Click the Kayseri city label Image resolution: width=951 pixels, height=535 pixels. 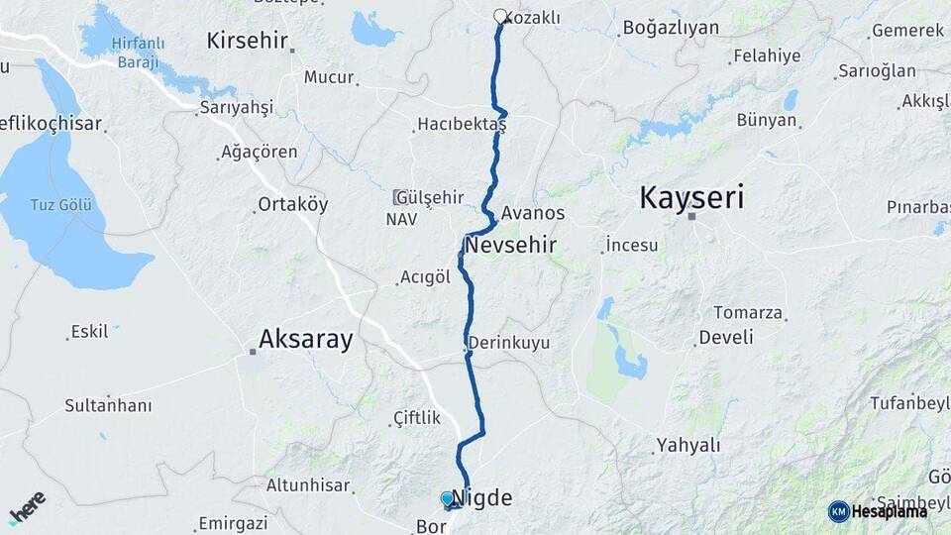pyautogui.click(x=691, y=197)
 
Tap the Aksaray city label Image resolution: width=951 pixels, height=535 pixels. pyautogui.click(x=305, y=340)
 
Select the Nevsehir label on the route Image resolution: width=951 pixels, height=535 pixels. pyautogui.click(x=510, y=245)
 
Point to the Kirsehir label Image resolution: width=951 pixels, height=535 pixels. pyautogui.click(x=247, y=41)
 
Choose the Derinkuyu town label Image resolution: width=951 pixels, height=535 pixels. pyautogui.click(x=508, y=343)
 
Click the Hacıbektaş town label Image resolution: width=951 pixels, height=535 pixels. pyautogui.click(x=462, y=125)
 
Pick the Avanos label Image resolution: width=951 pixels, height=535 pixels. pyautogui.click(x=533, y=213)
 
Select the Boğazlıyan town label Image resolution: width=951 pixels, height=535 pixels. pyautogui.click(x=671, y=28)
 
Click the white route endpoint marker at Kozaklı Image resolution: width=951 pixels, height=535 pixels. pyautogui.click(x=500, y=16)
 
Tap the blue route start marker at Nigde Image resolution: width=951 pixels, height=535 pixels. pyautogui.click(x=448, y=498)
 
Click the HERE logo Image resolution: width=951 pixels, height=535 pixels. pyautogui.click(x=27, y=507)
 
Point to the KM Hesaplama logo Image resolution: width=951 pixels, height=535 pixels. pyautogui.click(x=878, y=511)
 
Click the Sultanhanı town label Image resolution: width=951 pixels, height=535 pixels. pyautogui.click(x=108, y=405)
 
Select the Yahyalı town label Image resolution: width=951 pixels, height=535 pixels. pyautogui.click(x=688, y=445)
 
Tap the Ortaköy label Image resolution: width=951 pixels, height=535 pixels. pyautogui.click(x=292, y=204)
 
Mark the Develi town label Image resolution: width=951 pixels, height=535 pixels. pyautogui.click(x=726, y=337)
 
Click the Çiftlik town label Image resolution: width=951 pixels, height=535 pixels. pyautogui.click(x=417, y=418)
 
